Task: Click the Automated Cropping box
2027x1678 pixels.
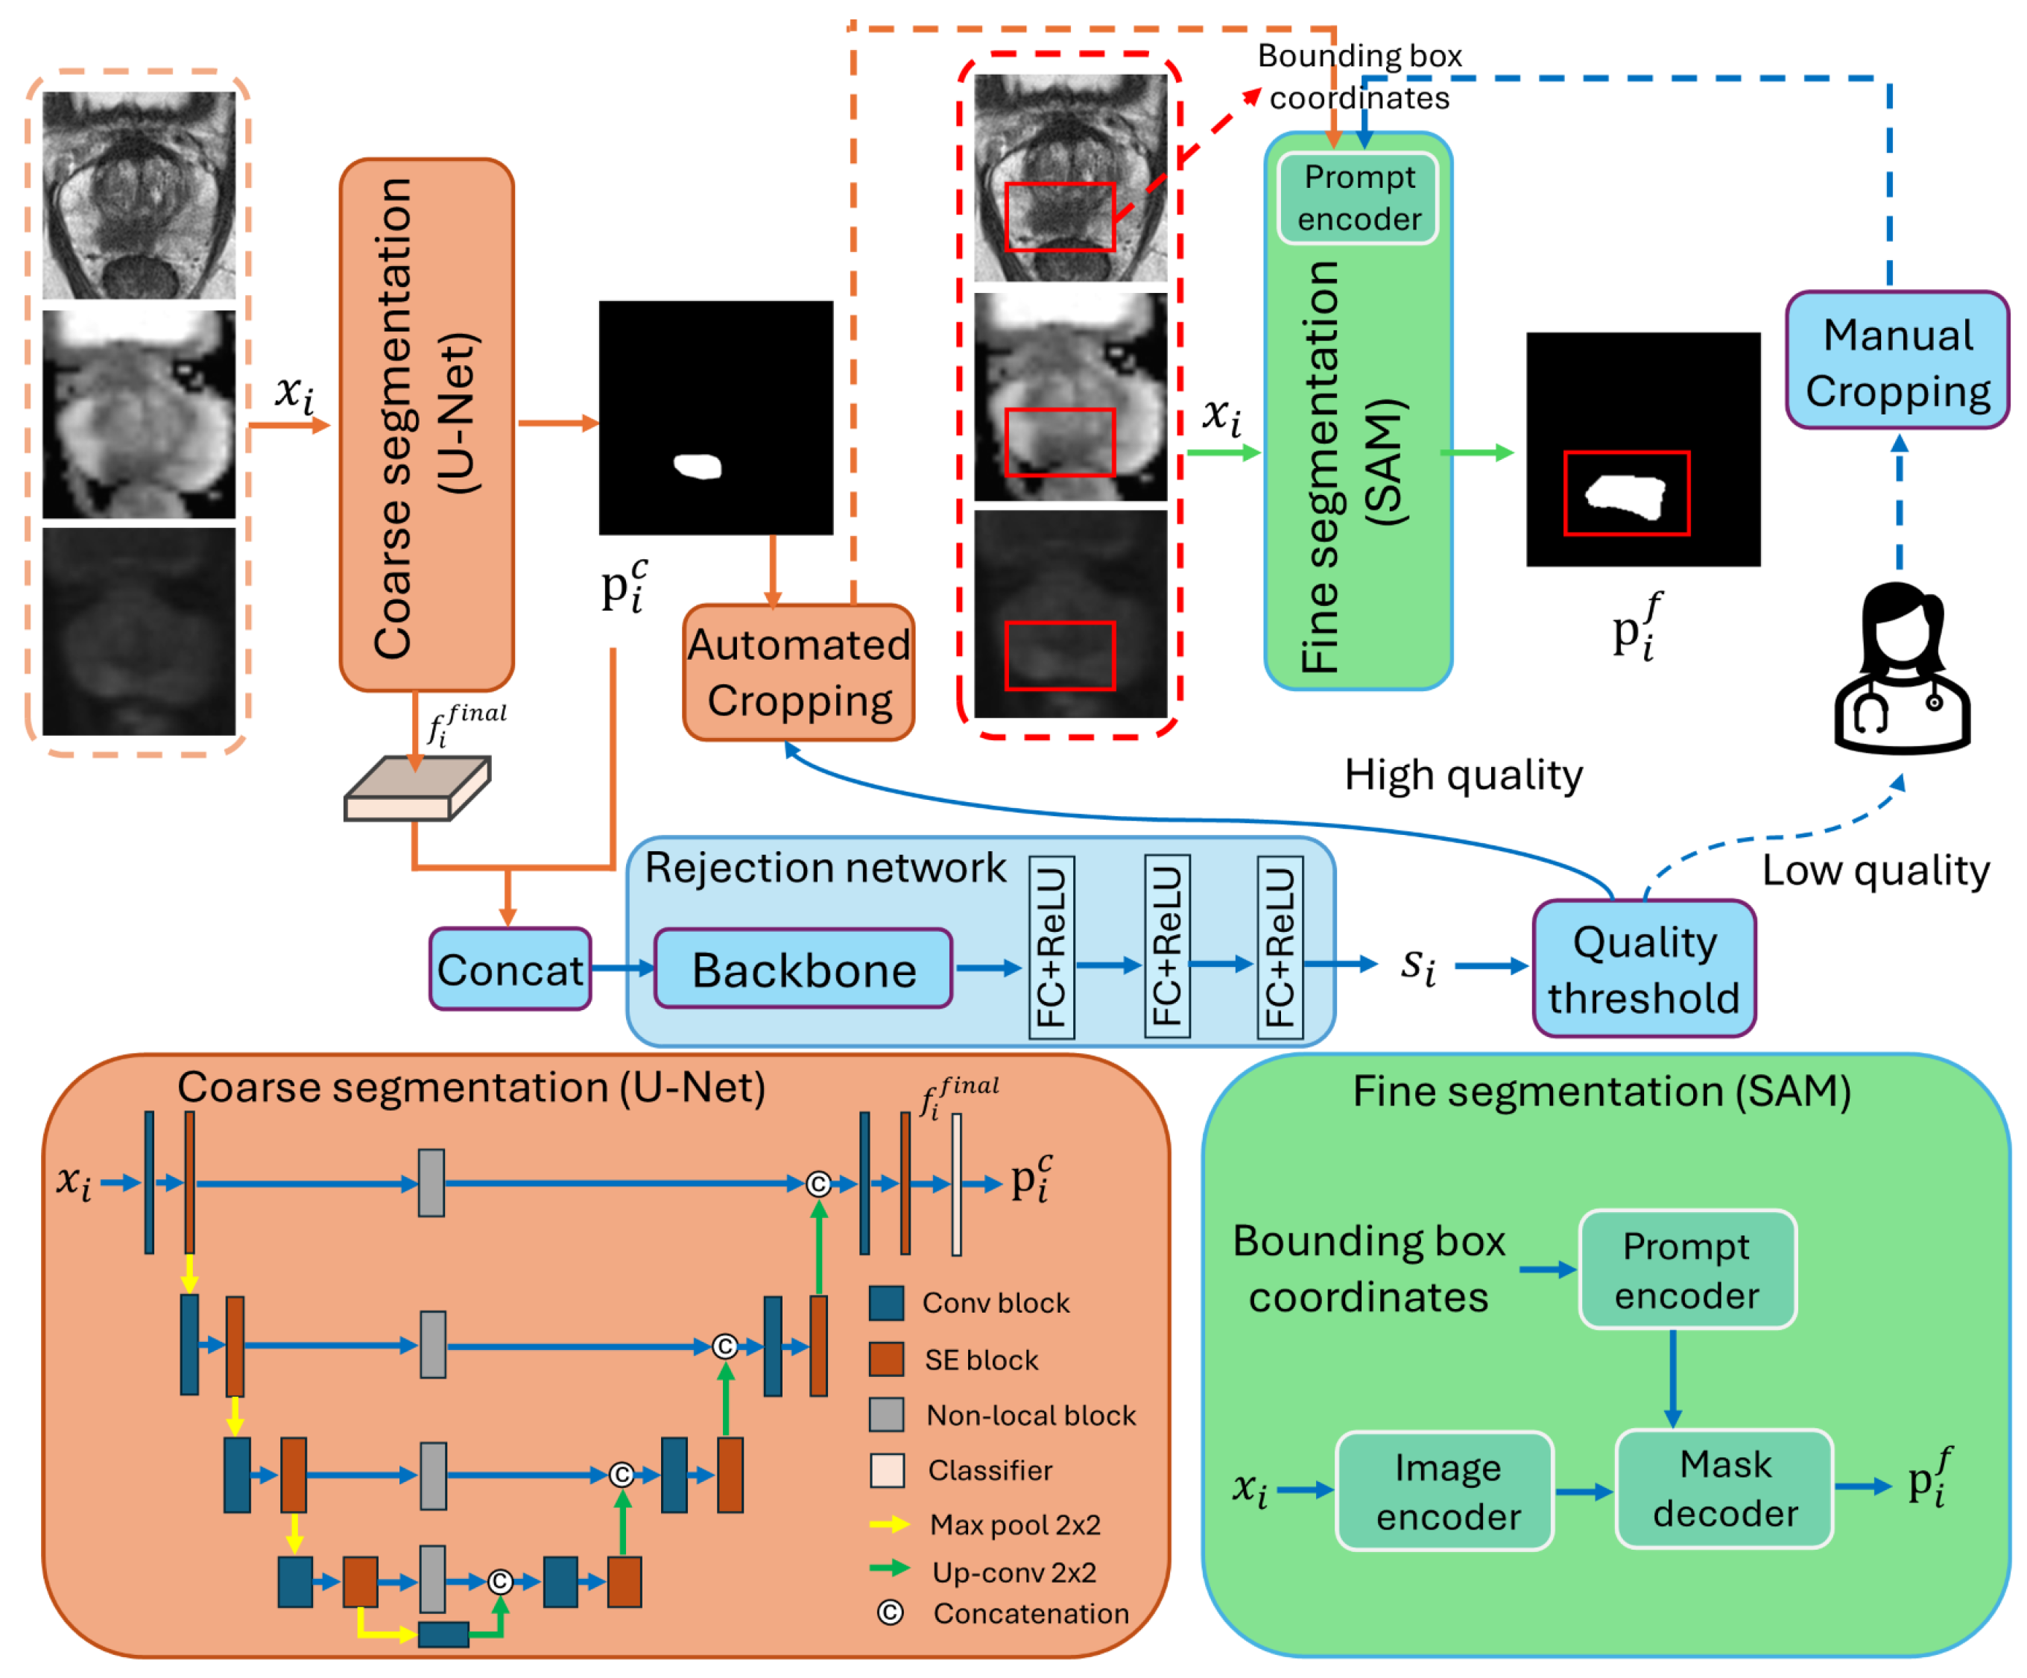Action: pyautogui.click(x=798, y=673)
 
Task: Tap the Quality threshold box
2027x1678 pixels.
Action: pyautogui.click(x=1644, y=968)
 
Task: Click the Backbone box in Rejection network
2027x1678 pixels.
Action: pyautogui.click(x=803, y=968)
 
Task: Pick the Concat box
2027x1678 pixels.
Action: pyautogui.click(x=510, y=968)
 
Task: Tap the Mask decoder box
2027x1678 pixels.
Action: pyautogui.click(x=1724, y=1488)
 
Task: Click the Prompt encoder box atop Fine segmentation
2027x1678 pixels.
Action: pyautogui.click(x=1358, y=198)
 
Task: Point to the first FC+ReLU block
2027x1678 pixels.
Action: pyautogui.click(x=1052, y=946)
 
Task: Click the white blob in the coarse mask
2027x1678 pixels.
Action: pyautogui.click(x=698, y=467)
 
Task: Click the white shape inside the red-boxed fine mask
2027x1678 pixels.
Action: pyautogui.click(x=1625, y=496)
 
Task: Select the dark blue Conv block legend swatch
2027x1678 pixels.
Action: pyautogui.click(x=886, y=1302)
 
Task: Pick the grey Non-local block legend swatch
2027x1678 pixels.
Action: pyautogui.click(x=886, y=1414)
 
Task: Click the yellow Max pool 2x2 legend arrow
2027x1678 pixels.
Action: pyautogui.click(x=889, y=1524)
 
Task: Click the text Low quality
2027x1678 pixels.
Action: pyautogui.click(x=1874, y=871)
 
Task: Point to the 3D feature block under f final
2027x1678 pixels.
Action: pyautogui.click(x=418, y=789)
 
